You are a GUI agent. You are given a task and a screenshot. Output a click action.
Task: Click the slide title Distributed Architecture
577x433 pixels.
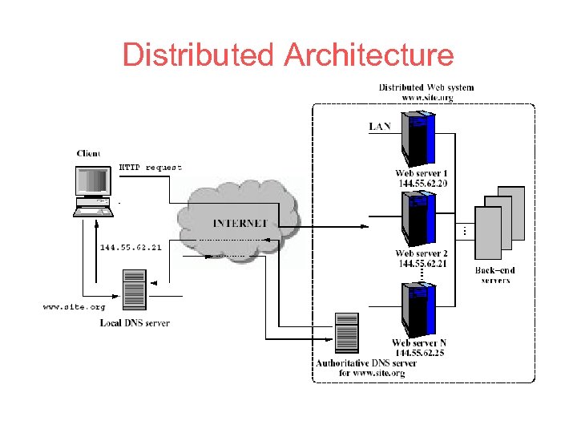(x=288, y=55)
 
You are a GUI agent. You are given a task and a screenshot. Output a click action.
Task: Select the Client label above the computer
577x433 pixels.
(x=88, y=153)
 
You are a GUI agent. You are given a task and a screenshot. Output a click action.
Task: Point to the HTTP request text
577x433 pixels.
(x=151, y=168)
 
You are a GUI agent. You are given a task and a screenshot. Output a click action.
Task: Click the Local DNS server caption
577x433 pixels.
(x=135, y=323)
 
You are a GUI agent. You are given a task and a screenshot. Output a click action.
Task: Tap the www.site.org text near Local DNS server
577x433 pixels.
(x=73, y=306)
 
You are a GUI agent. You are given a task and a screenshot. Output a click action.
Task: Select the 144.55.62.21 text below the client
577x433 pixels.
(x=131, y=247)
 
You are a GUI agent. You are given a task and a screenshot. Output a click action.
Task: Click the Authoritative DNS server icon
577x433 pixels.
(x=347, y=333)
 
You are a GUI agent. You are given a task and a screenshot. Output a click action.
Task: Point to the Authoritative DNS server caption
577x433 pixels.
(x=365, y=368)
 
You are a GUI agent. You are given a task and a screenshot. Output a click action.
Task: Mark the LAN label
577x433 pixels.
(x=381, y=127)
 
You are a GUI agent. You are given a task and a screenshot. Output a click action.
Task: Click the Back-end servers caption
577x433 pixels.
(x=495, y=275)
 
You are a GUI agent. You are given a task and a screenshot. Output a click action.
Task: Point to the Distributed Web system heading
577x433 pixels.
(x=426, y=87)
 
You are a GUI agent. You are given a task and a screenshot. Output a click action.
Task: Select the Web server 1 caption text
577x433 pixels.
(x=422, y=173)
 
